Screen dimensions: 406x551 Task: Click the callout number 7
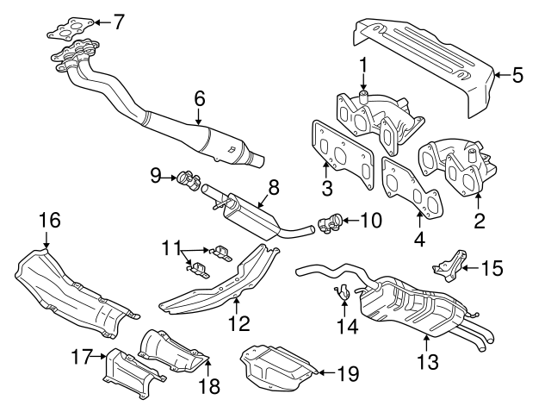click(x=120, y=19)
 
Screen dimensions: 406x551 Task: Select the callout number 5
click(x=517, y=75)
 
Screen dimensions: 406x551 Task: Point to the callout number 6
click(x=199, y=100)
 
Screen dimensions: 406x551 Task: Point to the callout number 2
click(x=479, y=221)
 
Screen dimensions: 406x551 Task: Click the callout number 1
click(x=362, y=63)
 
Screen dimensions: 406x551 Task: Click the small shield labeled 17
click(x=130, y=372)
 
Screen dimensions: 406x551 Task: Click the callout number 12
click(x=238, y=323)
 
